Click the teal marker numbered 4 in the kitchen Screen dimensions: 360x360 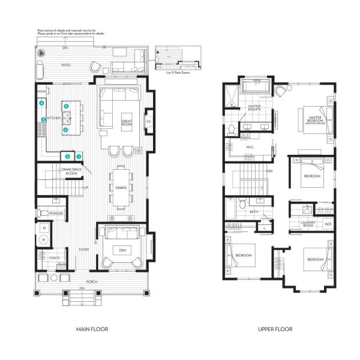(x=41, y=104)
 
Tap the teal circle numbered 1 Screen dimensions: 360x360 (x=79, y=157)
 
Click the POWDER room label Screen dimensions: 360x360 (x=57, y=214)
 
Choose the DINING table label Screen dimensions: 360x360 (x=120, y=188)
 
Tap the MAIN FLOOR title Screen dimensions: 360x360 (x=92, y=329)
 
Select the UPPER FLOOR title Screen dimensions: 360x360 (x=275, y=329)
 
